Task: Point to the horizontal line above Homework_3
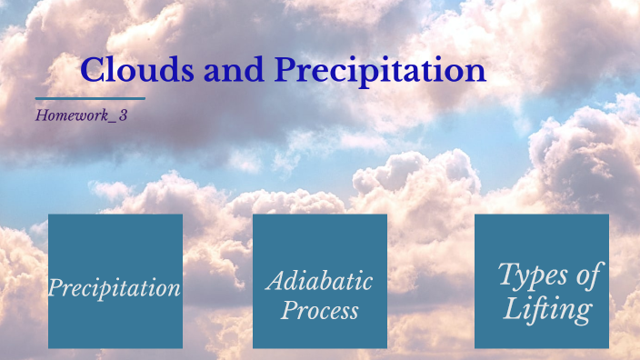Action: click(90, 98)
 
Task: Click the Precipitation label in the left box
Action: click(115, 289)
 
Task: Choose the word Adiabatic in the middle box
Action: click(319, 281)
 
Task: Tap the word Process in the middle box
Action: click(319, 311)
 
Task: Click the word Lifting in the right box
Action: click(548, 309)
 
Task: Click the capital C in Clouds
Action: click(93, 71)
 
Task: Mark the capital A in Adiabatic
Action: click(275, 281)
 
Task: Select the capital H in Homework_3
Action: click(42, 115)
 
